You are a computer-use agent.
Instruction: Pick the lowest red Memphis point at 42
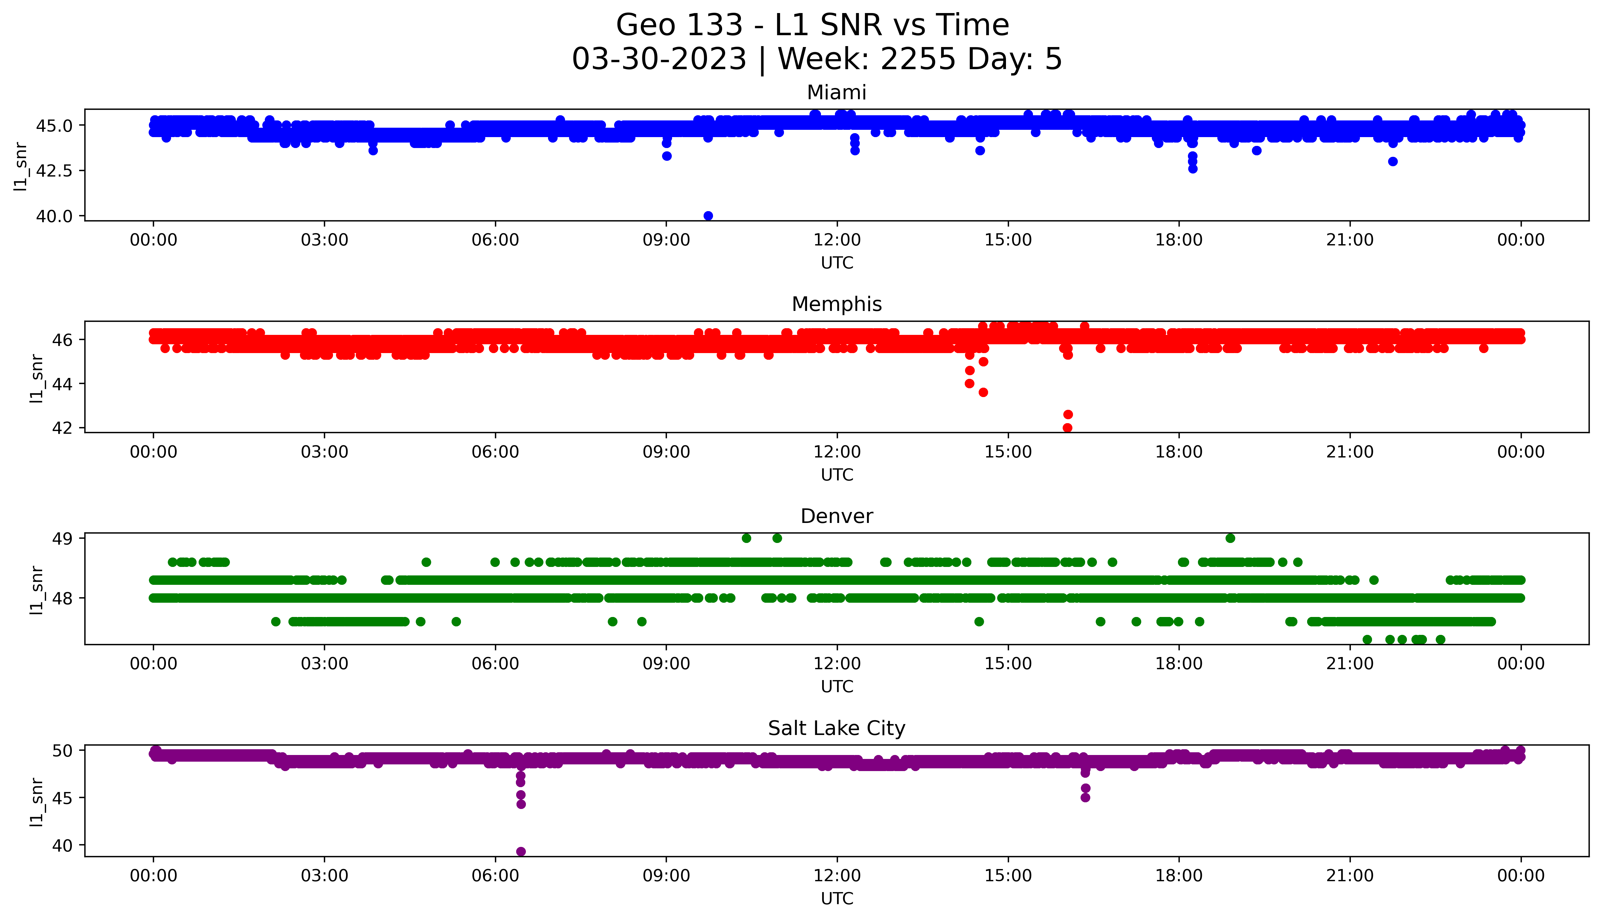pos(1067,428)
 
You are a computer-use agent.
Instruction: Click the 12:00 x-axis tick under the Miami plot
pos(837,240)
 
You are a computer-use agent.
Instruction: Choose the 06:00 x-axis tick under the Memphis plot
pos(495,452)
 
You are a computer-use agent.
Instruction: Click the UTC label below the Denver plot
pos(837,686)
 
